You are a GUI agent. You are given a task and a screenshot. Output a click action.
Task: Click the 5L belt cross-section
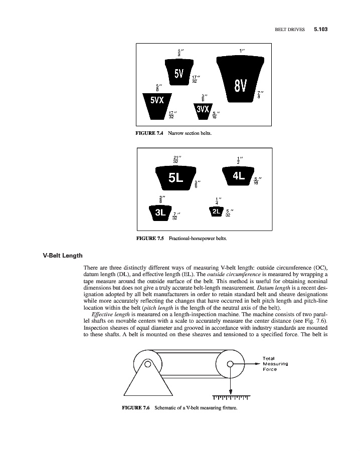click(175, 177)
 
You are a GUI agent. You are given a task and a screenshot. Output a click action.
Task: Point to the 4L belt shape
click(238, 175)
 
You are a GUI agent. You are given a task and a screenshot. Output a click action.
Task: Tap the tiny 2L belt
click(216, 211)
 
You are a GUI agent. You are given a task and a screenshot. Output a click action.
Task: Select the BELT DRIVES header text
click(290, 30)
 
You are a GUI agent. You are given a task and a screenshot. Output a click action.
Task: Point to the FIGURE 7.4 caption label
click(150, 133)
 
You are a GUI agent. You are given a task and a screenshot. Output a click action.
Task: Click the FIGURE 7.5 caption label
click(150, 239)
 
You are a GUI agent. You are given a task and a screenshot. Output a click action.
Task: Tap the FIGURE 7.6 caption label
click(136, 407)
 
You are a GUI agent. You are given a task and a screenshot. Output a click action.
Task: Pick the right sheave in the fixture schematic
click(230, 364)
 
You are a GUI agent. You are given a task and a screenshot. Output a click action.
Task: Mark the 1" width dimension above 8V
click(242, 51)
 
